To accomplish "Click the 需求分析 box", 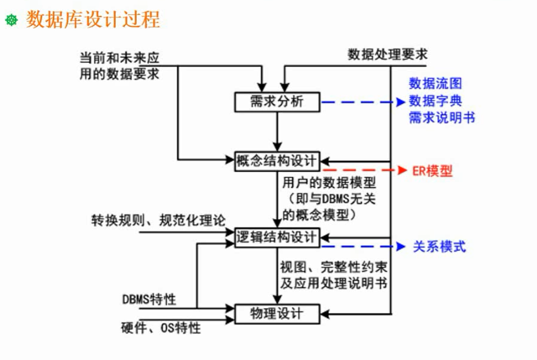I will (277, 101).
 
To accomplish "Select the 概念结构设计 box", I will (277, 161).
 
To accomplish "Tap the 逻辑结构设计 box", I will (277, 237).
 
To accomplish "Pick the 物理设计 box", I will (277, 313).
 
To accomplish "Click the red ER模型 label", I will (432, 171).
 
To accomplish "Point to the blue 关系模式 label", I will (439, 247).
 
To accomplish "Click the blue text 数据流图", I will (435, 83).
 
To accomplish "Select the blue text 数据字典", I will (435, 100).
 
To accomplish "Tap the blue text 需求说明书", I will (442, 117).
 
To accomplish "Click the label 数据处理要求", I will (388, 55).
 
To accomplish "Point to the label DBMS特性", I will (149, 299).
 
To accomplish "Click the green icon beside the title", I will (11, 20).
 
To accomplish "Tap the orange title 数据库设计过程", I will (93, 20).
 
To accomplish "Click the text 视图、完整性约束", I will (334, 266).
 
